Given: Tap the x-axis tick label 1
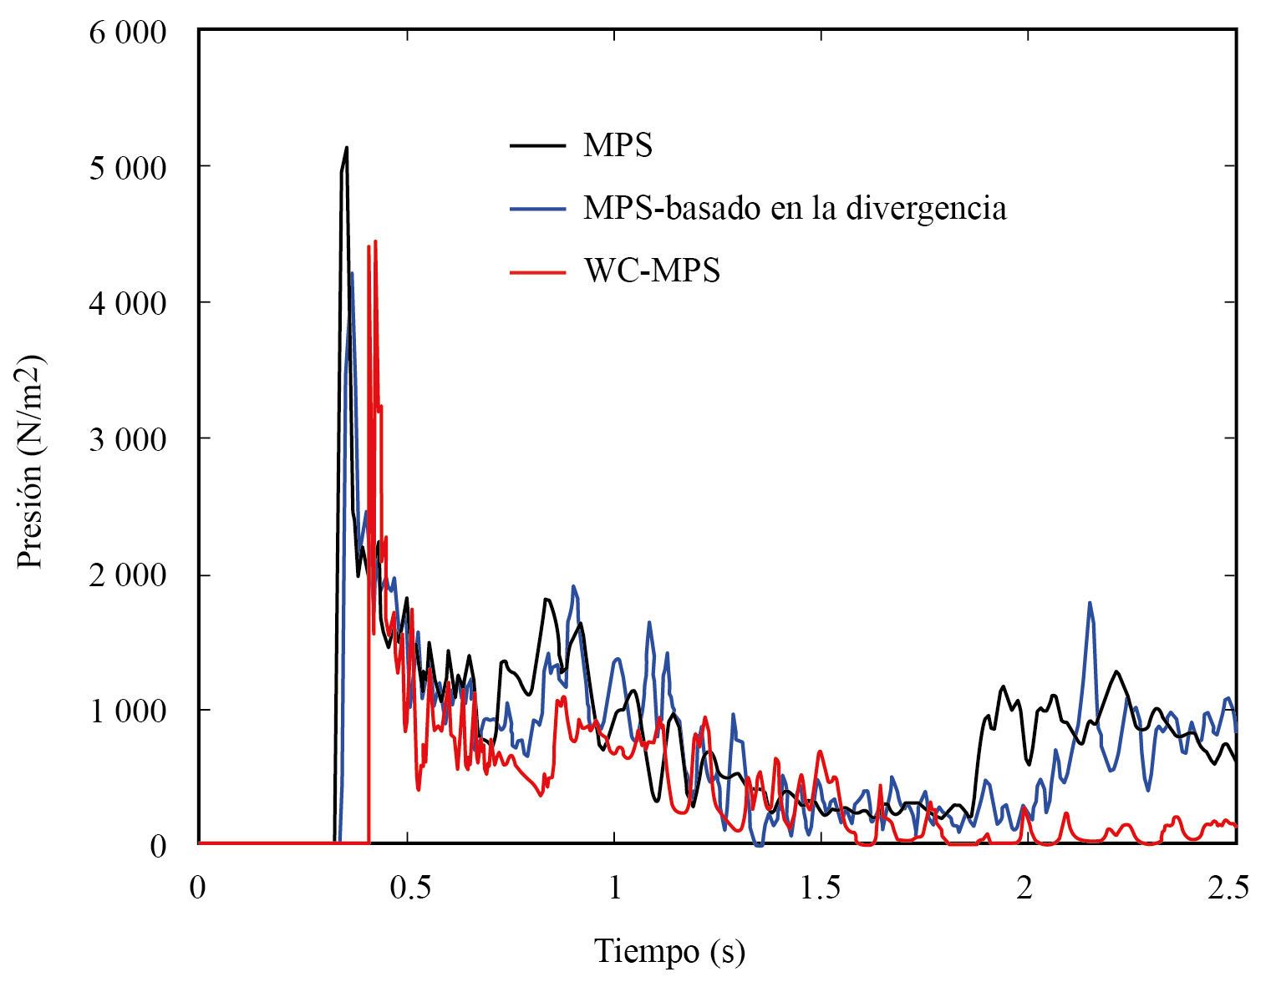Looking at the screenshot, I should tap(615, 888).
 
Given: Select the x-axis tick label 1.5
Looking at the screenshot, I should tap(821, 888).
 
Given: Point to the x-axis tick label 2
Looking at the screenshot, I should tap(1024, 888).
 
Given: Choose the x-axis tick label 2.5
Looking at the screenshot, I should tap(1228, 888).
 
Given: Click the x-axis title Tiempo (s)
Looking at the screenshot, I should tap(669, 951).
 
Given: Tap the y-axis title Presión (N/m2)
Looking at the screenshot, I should tap(31, 462).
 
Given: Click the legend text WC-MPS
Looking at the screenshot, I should tap(652, 271).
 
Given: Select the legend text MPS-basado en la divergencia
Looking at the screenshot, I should tap(795, 208).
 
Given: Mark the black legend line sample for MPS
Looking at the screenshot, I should tap(537, 146).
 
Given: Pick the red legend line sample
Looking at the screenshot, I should tap(537, 271).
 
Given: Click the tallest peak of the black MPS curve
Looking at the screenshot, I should tap(346, 149).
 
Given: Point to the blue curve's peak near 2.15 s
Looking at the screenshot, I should tap(1090, 603).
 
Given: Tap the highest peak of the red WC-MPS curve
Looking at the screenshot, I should tap(375, 242).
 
